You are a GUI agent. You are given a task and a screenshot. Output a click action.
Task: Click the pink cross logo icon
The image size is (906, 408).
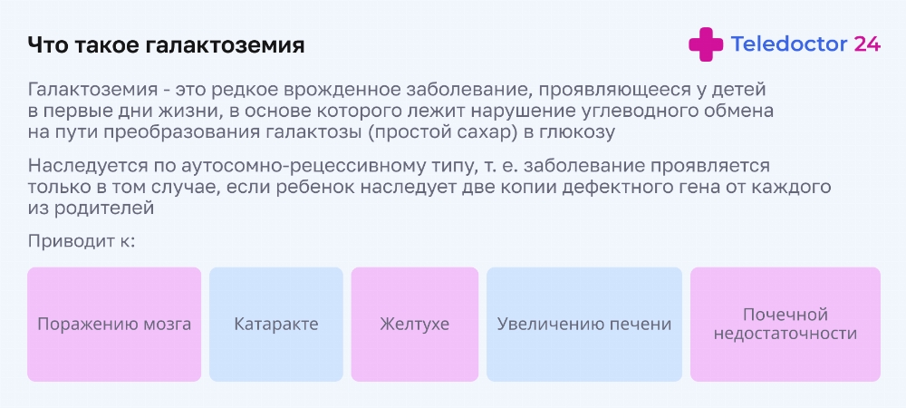[x=706, y=44]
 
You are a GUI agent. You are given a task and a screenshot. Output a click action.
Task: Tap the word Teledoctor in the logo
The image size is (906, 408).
[x=789, y=44]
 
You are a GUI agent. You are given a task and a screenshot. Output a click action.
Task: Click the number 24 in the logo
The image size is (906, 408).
[x=867, y=44]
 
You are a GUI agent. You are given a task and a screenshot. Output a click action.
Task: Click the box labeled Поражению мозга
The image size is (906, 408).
[x=114, y=325]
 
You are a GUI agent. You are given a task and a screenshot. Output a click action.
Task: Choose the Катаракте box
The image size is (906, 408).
[x=276, y=325]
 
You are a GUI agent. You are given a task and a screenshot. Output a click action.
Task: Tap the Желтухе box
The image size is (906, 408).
[x=415, y=325]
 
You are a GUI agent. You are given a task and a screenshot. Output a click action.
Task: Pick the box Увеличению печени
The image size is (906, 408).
[x=584, y=325]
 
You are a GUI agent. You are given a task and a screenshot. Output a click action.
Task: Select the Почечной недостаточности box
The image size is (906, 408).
[x=786, y=325]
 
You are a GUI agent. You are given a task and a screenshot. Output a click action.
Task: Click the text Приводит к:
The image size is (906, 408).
[x=81, y=241]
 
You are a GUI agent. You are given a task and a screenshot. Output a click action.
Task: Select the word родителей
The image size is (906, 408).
[x=104, y=208]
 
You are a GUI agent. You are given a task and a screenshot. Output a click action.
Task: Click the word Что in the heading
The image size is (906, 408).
[x=45, y=45]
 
